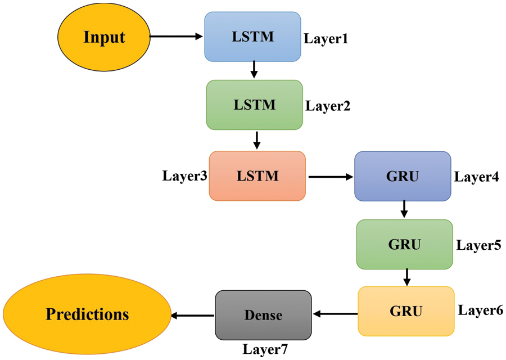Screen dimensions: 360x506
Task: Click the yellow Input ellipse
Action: pyautogui.click(x=103, y=38)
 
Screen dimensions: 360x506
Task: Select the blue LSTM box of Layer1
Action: pyautogui.click(x=252, y=37)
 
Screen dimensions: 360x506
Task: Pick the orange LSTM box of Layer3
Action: pyautogui.click(x=257, y=175)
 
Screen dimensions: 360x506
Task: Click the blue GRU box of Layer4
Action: pyautogui.click(x=403, y=175)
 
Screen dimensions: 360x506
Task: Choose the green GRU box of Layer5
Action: pyautogui.click(x=404, y=244)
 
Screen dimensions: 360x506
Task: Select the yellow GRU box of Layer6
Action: pyautogui.click(x=406, y=311)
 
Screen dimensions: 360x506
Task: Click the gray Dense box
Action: pyautogui.click(x=263, y=315)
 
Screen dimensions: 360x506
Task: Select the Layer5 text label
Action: pyautogui.click(x=478, y=245)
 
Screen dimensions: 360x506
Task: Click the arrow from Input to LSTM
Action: pyautogui.click(x=176, y=37)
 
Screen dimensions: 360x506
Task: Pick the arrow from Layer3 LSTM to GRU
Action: pyautogui.click(x=330, y=176)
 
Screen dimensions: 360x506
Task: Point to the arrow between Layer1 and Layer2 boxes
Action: pyautogui.click(x=254, y=70)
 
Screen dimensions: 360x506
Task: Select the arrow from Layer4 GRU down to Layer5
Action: pyautogui.click(x=404, y=210)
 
